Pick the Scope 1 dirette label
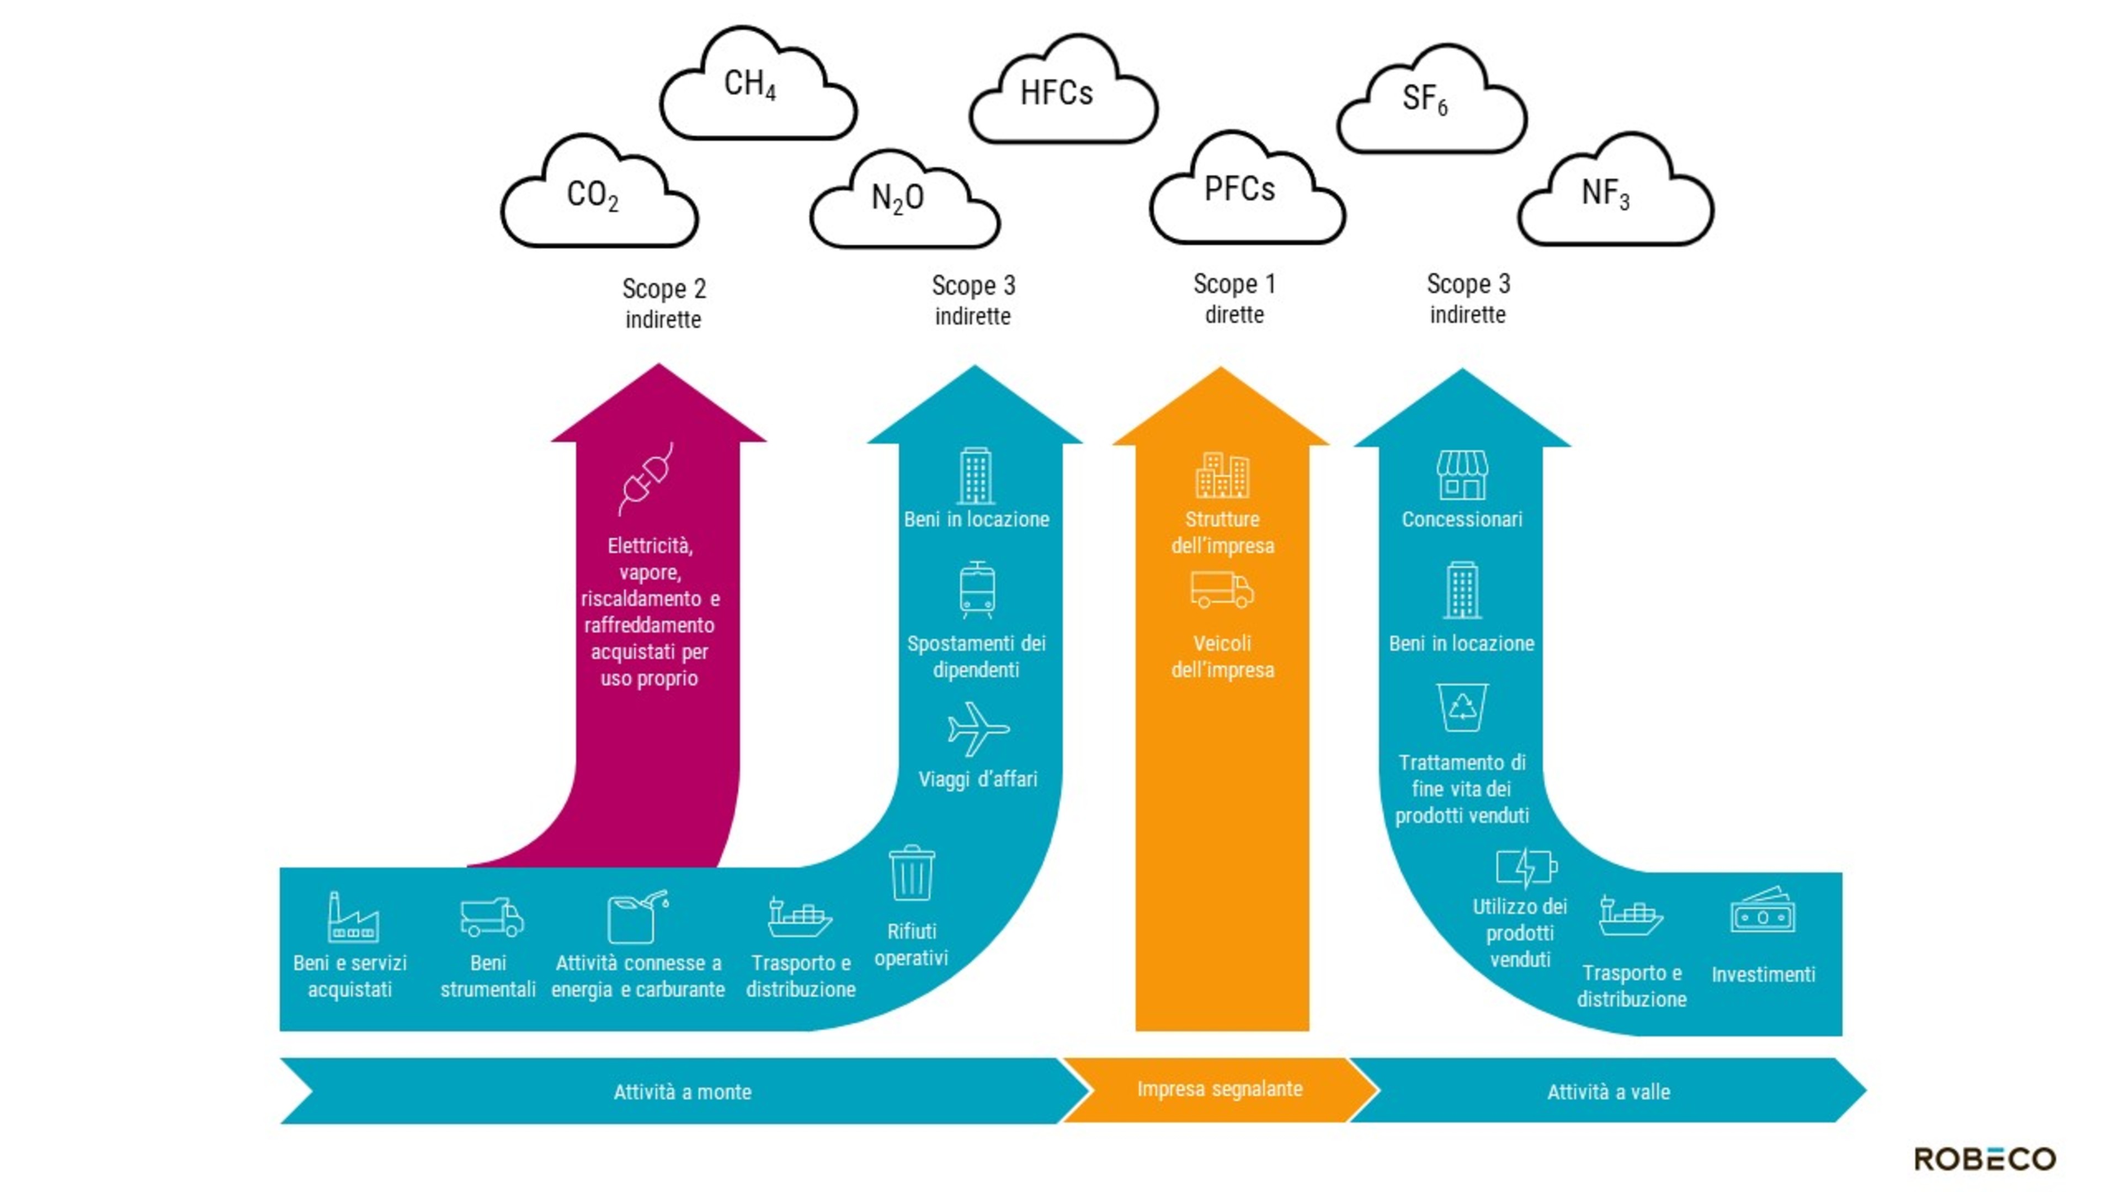[1234, 299]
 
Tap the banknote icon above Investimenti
[1762, 912]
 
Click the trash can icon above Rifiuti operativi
[912, 874]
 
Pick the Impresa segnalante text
[1219, 1089]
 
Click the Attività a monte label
[682, 1092]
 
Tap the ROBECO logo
[1984, 1158]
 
